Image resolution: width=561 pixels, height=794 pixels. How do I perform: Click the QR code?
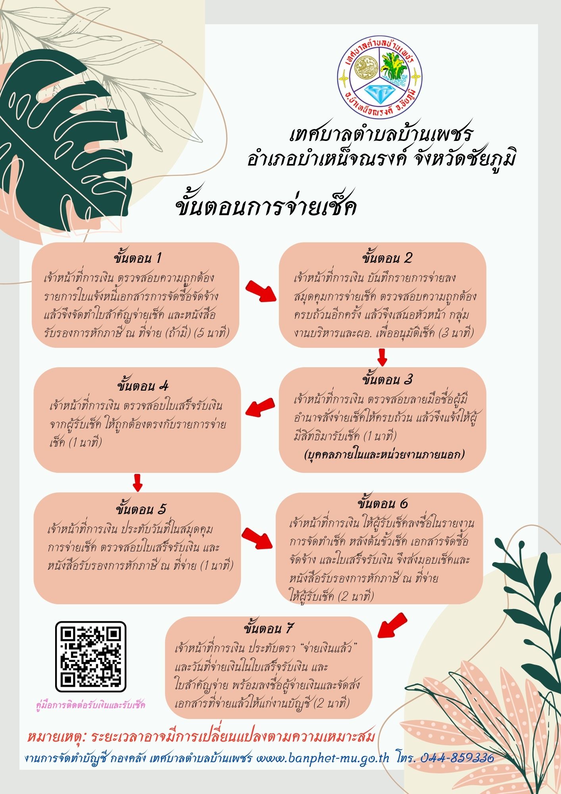(90, 657)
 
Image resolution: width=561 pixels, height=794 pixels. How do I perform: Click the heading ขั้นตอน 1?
(137, 258)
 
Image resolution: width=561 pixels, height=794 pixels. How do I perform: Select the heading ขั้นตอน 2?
(387, 258)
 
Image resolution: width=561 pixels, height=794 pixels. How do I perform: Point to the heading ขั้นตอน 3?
(387, 380)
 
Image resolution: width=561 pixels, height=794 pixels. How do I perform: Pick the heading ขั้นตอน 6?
(382, 504)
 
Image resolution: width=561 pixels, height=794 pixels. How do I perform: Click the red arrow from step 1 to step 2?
(261, 292)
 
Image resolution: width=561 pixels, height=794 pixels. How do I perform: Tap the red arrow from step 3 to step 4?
(260, 408)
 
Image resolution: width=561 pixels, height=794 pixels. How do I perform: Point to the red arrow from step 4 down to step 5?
(137, 482)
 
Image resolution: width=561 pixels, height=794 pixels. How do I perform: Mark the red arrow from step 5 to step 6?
(258, 538)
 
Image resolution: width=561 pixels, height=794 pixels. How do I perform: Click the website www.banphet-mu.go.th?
(323, 757)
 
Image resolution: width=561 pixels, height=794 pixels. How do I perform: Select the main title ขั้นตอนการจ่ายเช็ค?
(266, 207)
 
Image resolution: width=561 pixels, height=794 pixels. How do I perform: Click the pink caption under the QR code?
(90, 705)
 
